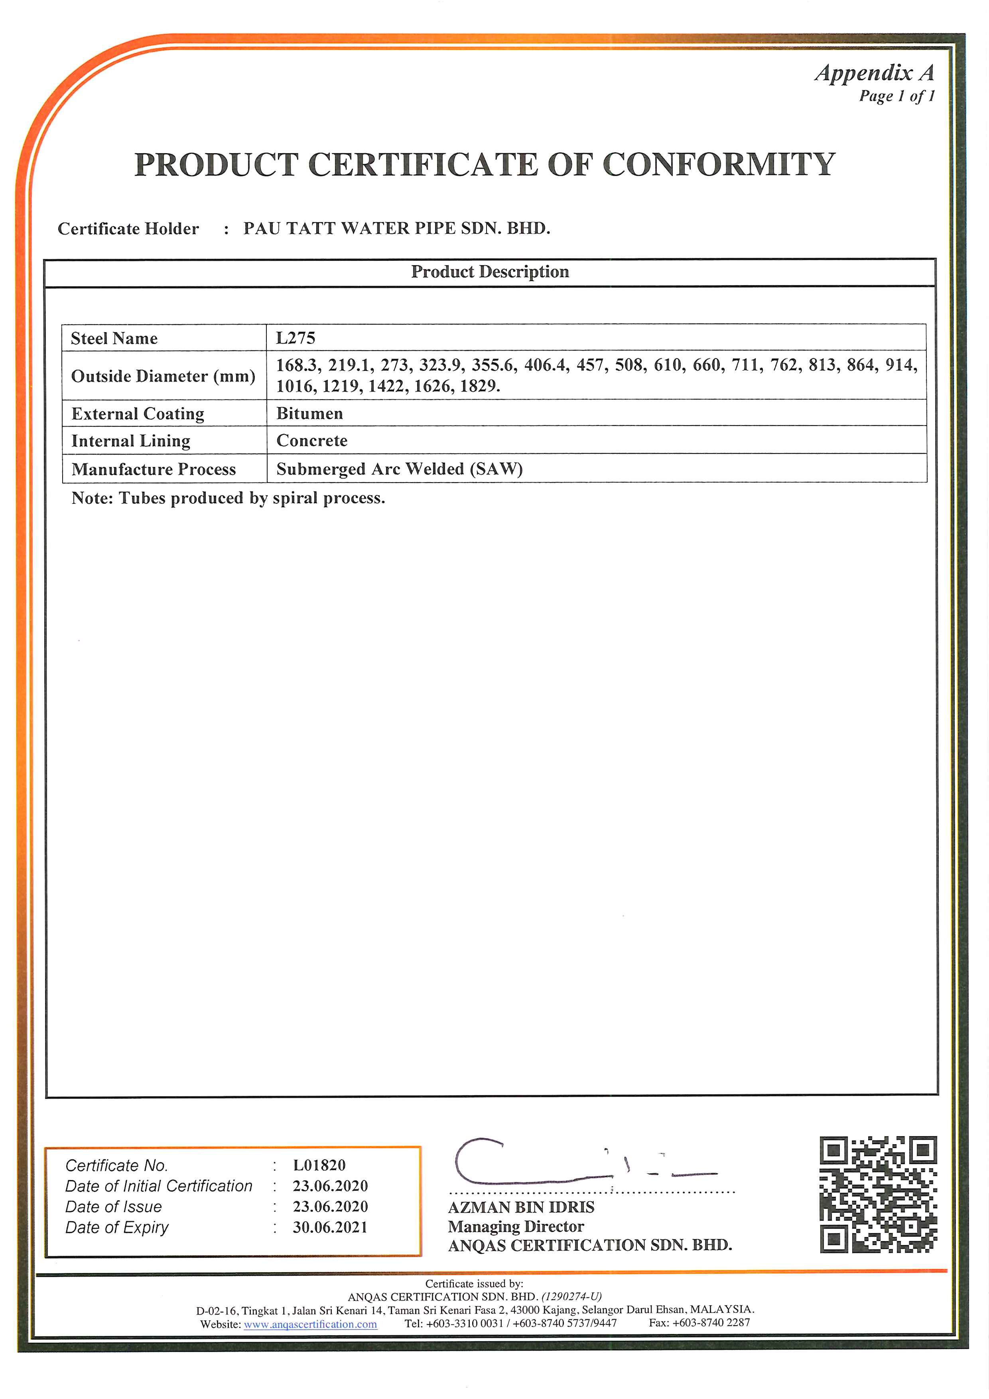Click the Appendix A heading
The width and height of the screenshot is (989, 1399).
pos(875,73)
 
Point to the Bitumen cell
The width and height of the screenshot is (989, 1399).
pos(309,413)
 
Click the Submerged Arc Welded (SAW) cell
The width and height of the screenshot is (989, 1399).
pos(399,469)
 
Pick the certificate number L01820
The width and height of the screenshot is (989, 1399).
pos(319,1165)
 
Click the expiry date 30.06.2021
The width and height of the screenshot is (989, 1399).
pos(330,1227)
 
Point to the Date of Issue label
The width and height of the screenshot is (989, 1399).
pos(114,1206)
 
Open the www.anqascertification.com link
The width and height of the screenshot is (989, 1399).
pos(310,1324)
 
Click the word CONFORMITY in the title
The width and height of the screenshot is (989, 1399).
pos(719,165)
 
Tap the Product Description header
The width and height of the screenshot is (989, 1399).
pos(490,272)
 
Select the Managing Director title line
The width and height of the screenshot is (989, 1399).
pos(516,1226)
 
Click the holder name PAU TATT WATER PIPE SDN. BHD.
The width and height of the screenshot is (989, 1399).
pos(397,229)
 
